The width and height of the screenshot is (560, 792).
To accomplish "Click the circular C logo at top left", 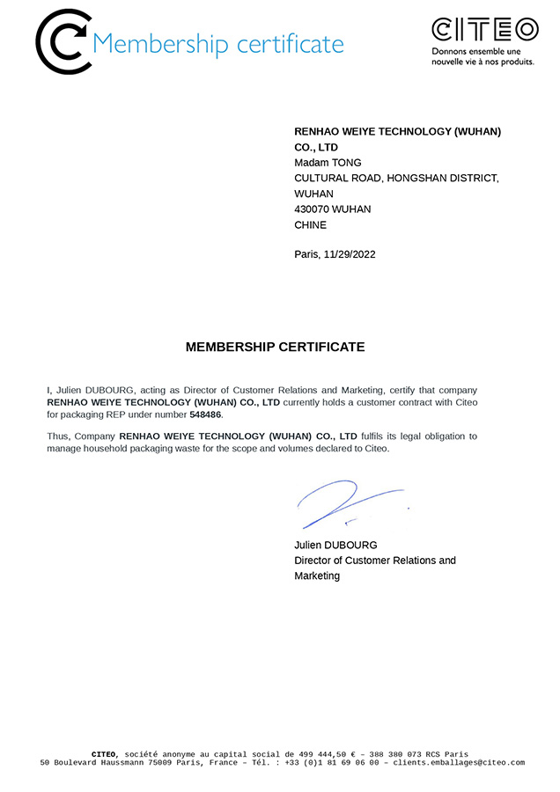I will coord(63,41).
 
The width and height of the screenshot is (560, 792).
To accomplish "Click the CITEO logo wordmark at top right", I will coord(484,30).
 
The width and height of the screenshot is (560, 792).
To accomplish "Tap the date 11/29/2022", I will coord(350,254).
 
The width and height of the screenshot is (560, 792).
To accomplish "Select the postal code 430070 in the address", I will coord(311,209).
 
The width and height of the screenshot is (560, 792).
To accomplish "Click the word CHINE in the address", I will coord(310,225).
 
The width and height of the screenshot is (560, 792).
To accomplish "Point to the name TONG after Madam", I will coord(346,163).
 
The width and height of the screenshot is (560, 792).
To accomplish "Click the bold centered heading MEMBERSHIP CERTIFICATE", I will coord(275,347).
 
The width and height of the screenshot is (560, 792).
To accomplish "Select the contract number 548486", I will coord(205,414).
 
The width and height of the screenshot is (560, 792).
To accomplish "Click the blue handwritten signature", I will coord(348,504).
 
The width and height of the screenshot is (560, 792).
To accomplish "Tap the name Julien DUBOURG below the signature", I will coord(335,545).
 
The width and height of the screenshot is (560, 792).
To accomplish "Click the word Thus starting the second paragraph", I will coord(57,436).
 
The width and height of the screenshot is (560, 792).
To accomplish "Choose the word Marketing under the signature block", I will coord(317,576).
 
